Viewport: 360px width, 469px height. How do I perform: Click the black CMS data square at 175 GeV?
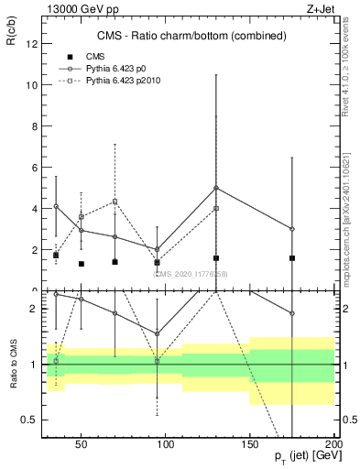click(292, 258)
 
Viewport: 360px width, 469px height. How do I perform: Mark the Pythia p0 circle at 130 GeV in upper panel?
click(216, 188)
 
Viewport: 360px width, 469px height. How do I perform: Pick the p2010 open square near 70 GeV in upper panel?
click(115, 202)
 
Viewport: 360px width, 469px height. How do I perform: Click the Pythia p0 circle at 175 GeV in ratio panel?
click(292, 313)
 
